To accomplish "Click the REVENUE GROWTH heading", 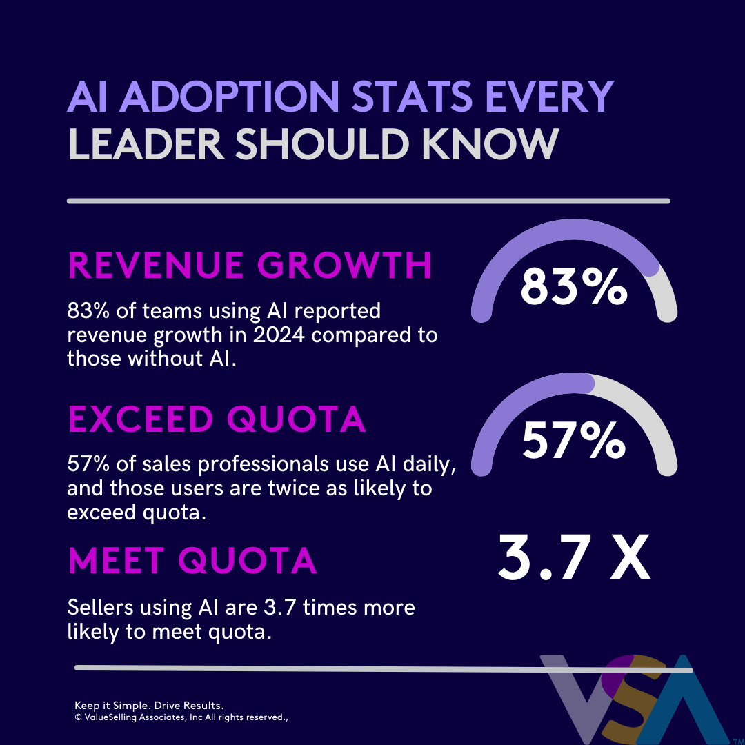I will coord(250,266).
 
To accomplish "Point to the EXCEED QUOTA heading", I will coord(217,420).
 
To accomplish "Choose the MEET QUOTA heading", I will coord(192,562).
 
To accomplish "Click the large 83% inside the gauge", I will coord(574,288).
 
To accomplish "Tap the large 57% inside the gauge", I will coord(574,441).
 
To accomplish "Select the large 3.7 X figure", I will coord(574,560).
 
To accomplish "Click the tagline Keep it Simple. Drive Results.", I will coord(149,706).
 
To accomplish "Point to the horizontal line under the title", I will coord(368,201).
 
